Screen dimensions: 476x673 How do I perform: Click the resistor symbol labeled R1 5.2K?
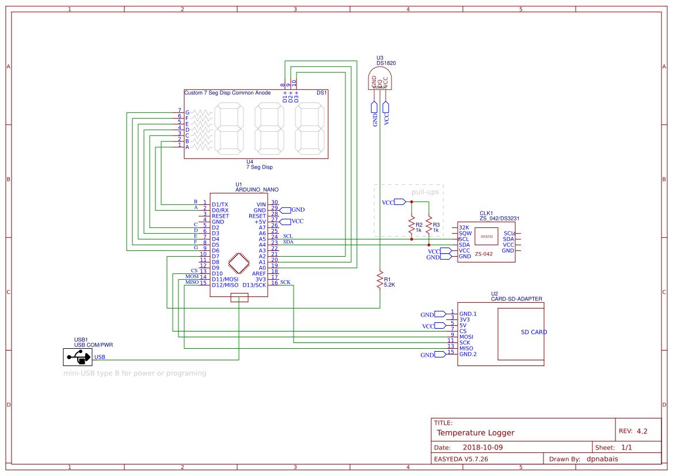tap(379, 281)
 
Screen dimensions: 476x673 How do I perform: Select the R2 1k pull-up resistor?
tap(412, 226)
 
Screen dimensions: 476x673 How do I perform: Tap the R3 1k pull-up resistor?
tap(429, 226)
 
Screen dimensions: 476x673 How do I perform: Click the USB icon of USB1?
tap(77, 357)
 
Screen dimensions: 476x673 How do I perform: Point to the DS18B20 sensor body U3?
tap(379, 79)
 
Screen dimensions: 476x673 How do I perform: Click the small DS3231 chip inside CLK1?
tap(486, 236)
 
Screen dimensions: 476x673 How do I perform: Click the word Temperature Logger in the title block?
tap(476, 433)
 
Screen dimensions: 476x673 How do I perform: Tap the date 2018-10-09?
tap(482, 447)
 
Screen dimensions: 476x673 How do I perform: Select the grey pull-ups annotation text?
tap(425, 192)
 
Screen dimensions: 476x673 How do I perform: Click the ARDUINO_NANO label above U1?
tap(257, 189)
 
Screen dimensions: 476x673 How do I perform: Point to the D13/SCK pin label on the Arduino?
tap(254, 285)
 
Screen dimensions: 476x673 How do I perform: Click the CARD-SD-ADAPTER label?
tap(516, 299)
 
